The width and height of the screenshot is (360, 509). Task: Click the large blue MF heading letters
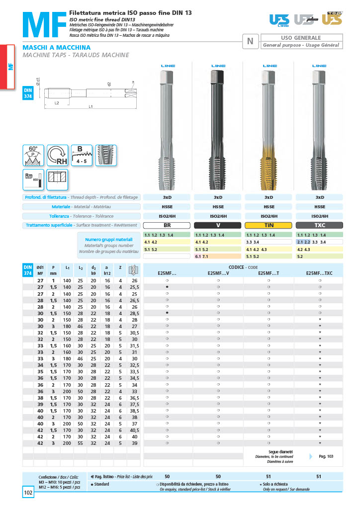pos(44,24)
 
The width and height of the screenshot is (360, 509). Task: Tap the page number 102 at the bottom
pos(28,493)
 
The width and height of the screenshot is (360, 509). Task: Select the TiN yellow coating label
pos(269,225)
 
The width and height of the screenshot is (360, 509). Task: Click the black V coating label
pos(218,225)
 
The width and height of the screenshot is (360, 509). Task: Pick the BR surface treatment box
pos(167,225)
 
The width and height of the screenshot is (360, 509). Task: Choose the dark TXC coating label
pos(320,225)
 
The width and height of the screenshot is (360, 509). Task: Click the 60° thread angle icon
pos(33,155)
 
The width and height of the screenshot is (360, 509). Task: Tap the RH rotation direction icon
pos(58,155)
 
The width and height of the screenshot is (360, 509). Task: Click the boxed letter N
pos(250,41)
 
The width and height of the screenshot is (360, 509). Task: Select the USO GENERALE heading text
pos(301,38)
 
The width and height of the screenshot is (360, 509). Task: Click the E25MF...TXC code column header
pos(320,273)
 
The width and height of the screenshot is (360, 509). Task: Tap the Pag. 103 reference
pos(326,456)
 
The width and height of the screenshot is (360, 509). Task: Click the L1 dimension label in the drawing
pos(90,106)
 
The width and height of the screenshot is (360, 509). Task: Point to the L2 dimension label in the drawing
pos(57,102)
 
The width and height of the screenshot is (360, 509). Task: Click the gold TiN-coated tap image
pos(269,129)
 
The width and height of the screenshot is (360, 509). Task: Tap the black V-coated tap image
pos(218,129)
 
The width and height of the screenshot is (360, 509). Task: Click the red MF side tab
pos(10,67)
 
